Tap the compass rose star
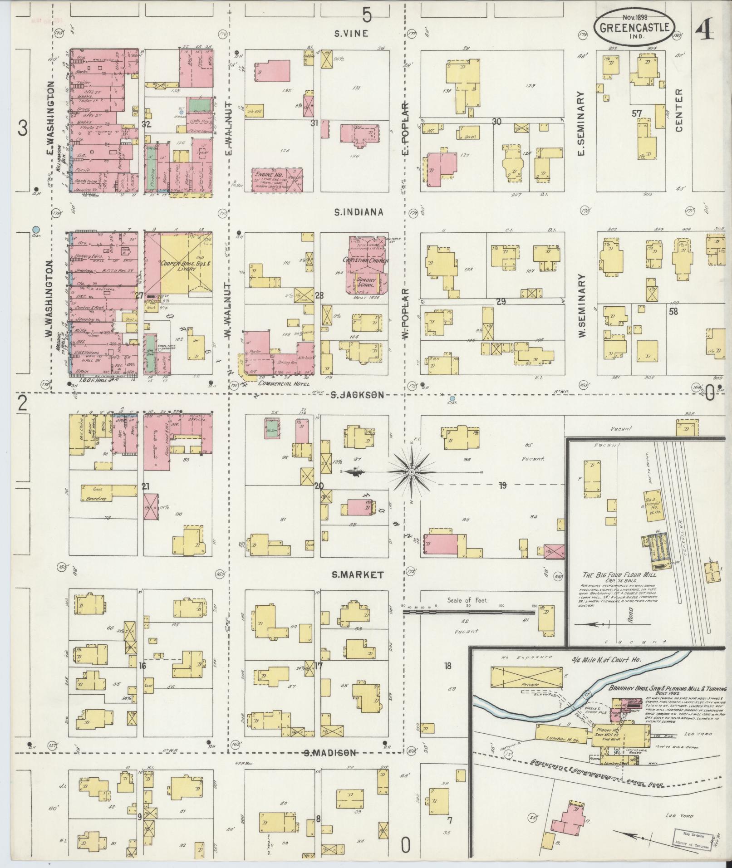(x=411, y=472)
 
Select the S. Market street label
(x=358, y=575)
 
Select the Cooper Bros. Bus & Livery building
(x=178, y=263)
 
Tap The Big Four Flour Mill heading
(x=619, y=574)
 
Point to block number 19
(x=502, y=485)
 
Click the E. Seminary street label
(x=580, y=123)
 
